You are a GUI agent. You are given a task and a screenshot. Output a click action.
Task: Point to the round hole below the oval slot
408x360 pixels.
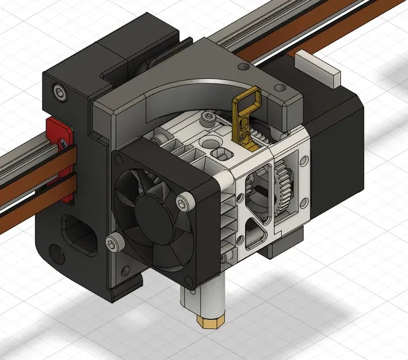(56, 252)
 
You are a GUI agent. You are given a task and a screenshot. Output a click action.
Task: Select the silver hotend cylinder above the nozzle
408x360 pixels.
(201, 299)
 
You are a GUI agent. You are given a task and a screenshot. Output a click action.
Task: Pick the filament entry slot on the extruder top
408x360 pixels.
(222, 154)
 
